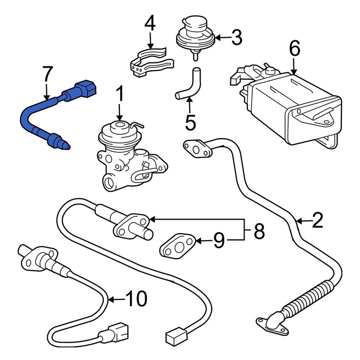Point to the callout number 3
237,38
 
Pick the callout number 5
190,123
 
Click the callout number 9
219,240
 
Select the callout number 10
136,299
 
